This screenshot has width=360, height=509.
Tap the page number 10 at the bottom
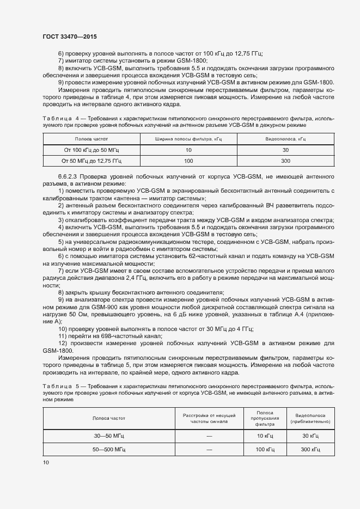click(45, 462)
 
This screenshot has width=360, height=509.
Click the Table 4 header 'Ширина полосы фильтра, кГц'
click(188, 140)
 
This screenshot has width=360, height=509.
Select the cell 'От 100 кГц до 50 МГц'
click(91, 150)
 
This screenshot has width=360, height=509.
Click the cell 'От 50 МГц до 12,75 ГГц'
click(91, 161)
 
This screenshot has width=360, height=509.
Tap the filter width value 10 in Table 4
click(188, 150)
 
